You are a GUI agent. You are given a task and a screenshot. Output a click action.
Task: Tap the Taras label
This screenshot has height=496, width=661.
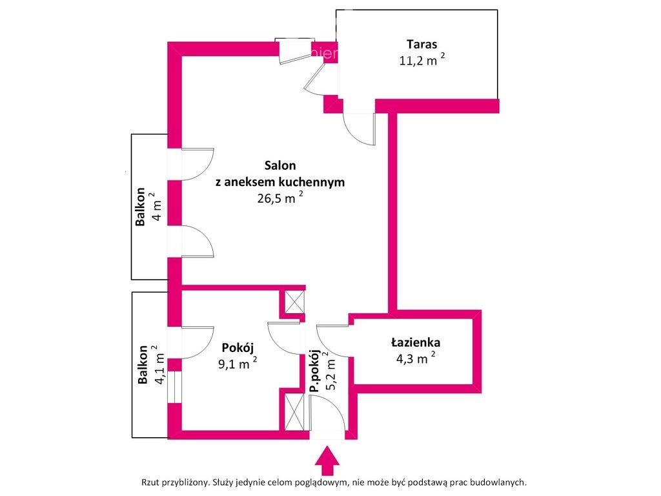pyautogui.click(x=422, y=45)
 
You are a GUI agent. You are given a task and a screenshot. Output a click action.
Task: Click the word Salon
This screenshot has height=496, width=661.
pyautogui.click(x=280, y=165)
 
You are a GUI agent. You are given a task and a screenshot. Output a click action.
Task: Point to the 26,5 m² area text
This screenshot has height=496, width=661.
pyautogui.click(x=280, y=198)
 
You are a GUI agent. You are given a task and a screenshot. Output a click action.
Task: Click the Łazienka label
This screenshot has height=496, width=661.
pyautogui.click(x=415, y=343)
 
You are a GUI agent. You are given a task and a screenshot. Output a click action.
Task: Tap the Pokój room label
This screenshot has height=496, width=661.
pyautogui.click(x=236, y=346)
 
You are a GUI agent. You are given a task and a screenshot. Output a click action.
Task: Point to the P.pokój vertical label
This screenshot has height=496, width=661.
pyautogui.click(x=314, y=371)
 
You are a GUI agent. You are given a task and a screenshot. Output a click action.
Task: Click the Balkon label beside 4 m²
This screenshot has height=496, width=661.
pyautogui.click(x=140, y=208)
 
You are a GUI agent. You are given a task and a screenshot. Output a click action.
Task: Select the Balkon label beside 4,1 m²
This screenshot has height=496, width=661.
pyautogui.click(x=143, y=365)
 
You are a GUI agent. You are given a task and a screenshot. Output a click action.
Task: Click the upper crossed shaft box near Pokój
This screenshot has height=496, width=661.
pyautogui.click(x=294, y=302)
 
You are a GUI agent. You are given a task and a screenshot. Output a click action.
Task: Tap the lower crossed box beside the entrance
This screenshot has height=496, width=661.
pyautogui.click(x=294, y=412)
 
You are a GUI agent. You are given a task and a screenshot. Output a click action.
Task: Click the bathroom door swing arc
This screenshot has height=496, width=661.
pyautogui.click(x=332, y=339)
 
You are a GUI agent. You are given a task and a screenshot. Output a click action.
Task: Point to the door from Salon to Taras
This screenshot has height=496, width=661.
pyautogui.click(x=359, y=129)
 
